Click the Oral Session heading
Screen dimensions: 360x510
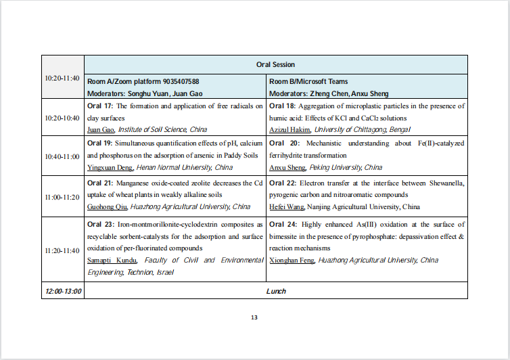click(x=275, y=65)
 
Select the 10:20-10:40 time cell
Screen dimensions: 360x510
click(x=62, y=118)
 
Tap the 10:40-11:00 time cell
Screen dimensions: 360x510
click(x=62, y=156)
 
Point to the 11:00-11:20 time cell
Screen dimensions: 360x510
click(x=62, y=196)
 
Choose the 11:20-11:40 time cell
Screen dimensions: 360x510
click(x=62, y=250)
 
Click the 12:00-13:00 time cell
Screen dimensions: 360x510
click(x=63, y=291)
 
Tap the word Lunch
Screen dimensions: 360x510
click(x=275, y=291)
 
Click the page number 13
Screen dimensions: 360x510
click(x=254, y=317)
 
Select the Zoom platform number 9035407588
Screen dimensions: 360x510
click(x=177, y=81)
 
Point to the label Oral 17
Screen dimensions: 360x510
click(x=101, y=106)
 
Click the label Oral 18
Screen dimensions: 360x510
click(x=282, y=106)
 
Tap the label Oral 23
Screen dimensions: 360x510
click(x=101, y=224)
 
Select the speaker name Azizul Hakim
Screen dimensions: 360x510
click(x=289, y=129)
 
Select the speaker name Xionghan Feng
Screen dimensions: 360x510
click(x=292, y=261)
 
